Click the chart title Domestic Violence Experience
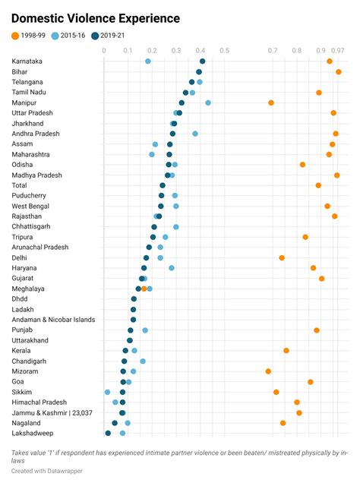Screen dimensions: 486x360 (x=96, y=18)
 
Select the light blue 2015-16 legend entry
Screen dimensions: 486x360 (x=79, y=36)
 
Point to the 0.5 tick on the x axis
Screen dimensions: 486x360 (x=224, y=51)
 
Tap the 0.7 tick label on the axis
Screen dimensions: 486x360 (x=273, y=51)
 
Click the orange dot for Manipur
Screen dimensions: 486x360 (x=270, y=103)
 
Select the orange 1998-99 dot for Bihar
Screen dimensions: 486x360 (x=339, y=71)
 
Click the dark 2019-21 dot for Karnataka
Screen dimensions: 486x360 (x=202, y=62)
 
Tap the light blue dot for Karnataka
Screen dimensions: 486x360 (x=147, y=62)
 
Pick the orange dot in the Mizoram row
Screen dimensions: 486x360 (x=268, y=371)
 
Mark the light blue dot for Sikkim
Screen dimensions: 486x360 (x=107, y=392)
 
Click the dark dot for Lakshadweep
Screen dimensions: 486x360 (x=108, y=433)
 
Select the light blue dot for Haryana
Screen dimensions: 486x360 (x=172, y=268)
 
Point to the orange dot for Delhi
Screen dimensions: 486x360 (x=282, y=257)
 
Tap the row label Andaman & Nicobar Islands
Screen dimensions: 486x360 (x=53, y=320)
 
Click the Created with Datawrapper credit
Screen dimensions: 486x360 (x=47, y=471)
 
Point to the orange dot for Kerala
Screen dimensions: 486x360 (x=286, y=350)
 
